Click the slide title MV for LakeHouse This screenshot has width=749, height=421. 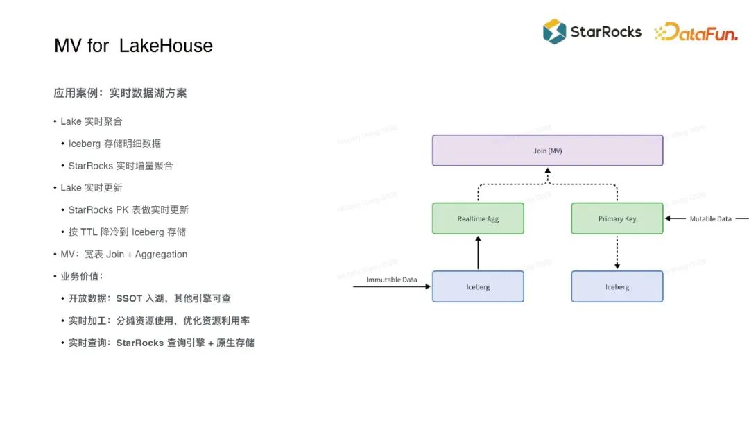click(x=133, y=46)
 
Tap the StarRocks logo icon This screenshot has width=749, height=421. click(x=554, y=31)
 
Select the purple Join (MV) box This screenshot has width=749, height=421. click(x=547, y=151)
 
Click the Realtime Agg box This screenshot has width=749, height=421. click(x=478, y=218)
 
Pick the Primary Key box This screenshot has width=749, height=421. click(x=617, y=218)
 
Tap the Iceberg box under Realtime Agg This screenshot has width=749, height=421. click(x=478, y=286)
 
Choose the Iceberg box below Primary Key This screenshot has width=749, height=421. click(x=617, y=286)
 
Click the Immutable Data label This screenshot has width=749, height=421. click(x=392, y=280)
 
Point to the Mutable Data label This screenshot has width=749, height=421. click(x=710, y=218)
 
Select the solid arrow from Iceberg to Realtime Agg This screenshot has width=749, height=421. click(x=478, y=252)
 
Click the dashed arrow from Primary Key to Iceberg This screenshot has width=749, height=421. click(x=617, y=252)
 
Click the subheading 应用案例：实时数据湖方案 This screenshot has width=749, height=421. click(x=120, y=93)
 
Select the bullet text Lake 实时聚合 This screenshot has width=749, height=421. click(x=91, y=121)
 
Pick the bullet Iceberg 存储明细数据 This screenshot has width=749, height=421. click(x=114, y=144)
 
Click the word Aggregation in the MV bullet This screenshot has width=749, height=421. click(x=161, y=255)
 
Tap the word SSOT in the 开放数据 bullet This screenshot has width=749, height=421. click(x=129, y=298)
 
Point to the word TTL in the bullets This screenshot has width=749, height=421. click(x=89, y=232)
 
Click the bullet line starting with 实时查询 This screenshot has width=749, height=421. click(x=161, y=343)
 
